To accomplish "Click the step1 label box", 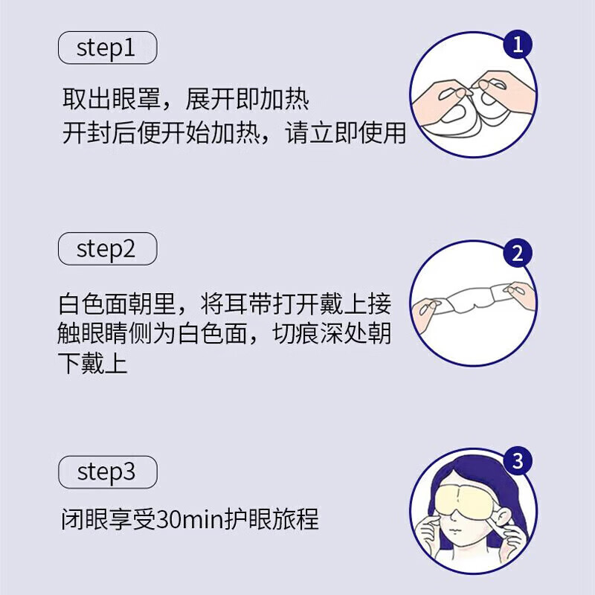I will click(x=107, y=49).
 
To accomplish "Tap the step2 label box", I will click(x=107, y=249).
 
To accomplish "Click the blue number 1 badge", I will click(x=518, y=46).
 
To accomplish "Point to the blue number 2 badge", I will click(x=518, y=254).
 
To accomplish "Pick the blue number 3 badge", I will click(x=518, y=461).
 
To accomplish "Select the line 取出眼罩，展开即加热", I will click(x=184, y=100).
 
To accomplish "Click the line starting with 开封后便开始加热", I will click(x=234, y=133).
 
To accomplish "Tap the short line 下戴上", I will click(x=94, y=364).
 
